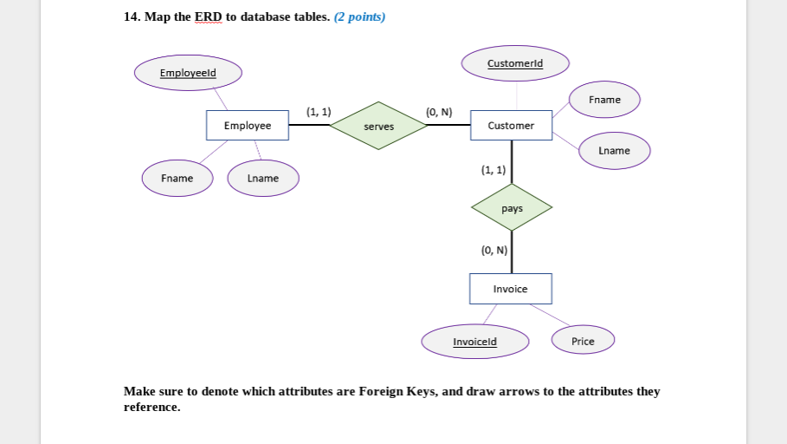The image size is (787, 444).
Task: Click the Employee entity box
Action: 247,126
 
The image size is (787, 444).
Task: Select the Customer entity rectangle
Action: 511,126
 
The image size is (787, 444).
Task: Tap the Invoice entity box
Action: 510,289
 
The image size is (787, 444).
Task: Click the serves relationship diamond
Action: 378,127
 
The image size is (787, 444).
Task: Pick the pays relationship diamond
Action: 512,208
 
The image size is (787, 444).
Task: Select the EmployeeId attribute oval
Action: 188,73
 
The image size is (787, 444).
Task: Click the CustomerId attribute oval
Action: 515,63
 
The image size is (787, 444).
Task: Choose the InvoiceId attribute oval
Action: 474,342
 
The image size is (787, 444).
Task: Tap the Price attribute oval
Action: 583,341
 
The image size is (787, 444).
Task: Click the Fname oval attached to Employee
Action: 177,178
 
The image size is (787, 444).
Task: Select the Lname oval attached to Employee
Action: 262,178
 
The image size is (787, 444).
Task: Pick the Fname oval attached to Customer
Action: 604,100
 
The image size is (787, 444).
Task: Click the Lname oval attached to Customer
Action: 614,151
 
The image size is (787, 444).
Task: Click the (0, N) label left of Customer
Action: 439,112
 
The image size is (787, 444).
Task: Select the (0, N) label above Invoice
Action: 493,251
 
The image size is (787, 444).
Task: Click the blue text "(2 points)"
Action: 359,17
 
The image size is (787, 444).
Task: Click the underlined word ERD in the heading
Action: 209,17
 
